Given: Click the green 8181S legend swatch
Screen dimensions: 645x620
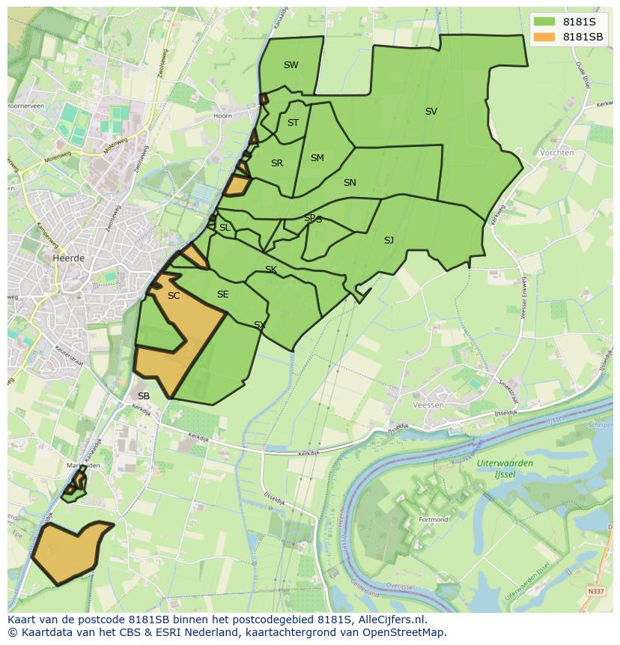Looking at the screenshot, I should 544,21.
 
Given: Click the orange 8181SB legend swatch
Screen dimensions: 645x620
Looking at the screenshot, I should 544,37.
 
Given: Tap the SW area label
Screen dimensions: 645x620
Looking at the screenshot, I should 291,65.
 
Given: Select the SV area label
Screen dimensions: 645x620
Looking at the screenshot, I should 431,112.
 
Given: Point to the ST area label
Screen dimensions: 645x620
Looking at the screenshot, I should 293,123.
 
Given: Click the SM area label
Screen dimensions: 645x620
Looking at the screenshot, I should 317,158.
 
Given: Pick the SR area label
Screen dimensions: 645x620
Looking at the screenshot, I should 277,163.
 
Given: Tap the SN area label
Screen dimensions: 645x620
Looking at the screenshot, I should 350,183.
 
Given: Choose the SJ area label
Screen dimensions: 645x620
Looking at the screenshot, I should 389,240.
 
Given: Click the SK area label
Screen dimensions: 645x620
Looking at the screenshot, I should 271,270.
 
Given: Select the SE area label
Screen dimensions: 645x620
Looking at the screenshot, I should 222,294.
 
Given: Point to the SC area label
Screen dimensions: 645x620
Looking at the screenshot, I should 174,296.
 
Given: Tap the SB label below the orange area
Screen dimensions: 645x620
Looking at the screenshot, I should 144,396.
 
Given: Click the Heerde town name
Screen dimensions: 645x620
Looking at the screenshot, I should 69,258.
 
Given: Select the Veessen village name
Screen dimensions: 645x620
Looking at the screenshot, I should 428,405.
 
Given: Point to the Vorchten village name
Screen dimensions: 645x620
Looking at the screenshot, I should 556,153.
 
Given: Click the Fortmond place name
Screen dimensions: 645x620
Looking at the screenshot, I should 434,519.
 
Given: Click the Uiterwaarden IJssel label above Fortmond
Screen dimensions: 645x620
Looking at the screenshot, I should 505,468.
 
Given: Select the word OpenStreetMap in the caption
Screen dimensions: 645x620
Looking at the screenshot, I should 404,632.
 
